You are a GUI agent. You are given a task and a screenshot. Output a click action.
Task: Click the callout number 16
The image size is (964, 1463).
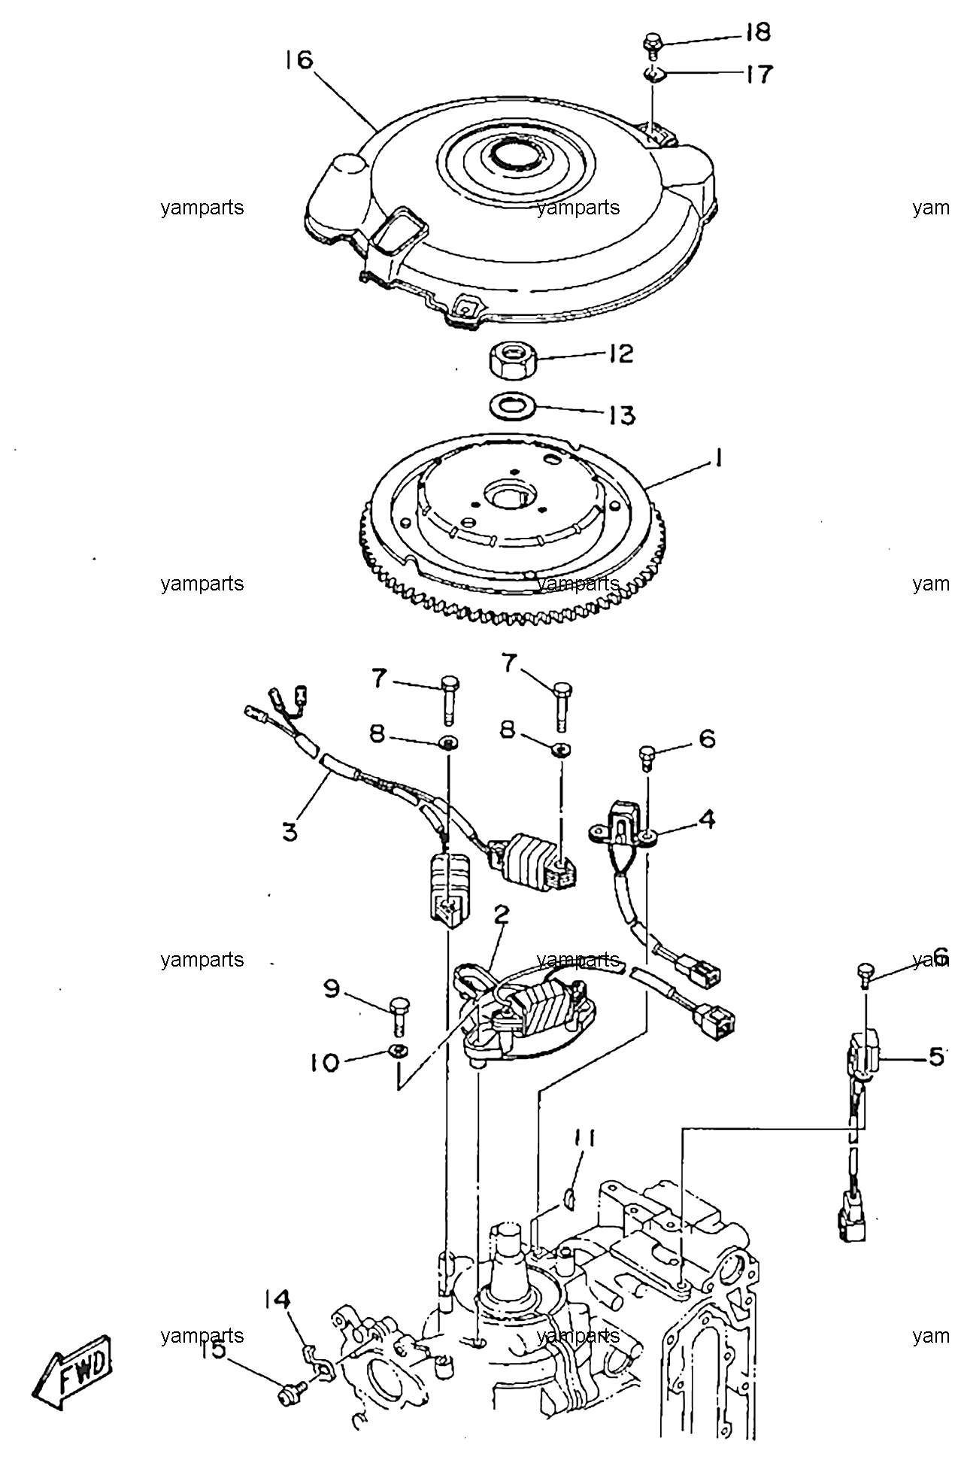299,59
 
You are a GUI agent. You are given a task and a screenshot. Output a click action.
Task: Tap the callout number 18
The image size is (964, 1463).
758,32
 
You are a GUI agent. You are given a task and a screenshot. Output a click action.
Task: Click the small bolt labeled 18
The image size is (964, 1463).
652,43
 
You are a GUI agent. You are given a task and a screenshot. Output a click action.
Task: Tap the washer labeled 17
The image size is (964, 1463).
653,74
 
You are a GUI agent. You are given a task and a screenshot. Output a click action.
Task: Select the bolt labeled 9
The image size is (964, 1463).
399,1015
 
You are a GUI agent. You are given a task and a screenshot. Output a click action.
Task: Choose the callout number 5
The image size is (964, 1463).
936,1057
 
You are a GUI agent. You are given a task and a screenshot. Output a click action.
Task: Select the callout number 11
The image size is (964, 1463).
586,1160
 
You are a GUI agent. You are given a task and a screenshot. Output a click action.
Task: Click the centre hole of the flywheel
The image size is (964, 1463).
508,496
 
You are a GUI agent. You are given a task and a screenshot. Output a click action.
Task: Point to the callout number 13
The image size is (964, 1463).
622,415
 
